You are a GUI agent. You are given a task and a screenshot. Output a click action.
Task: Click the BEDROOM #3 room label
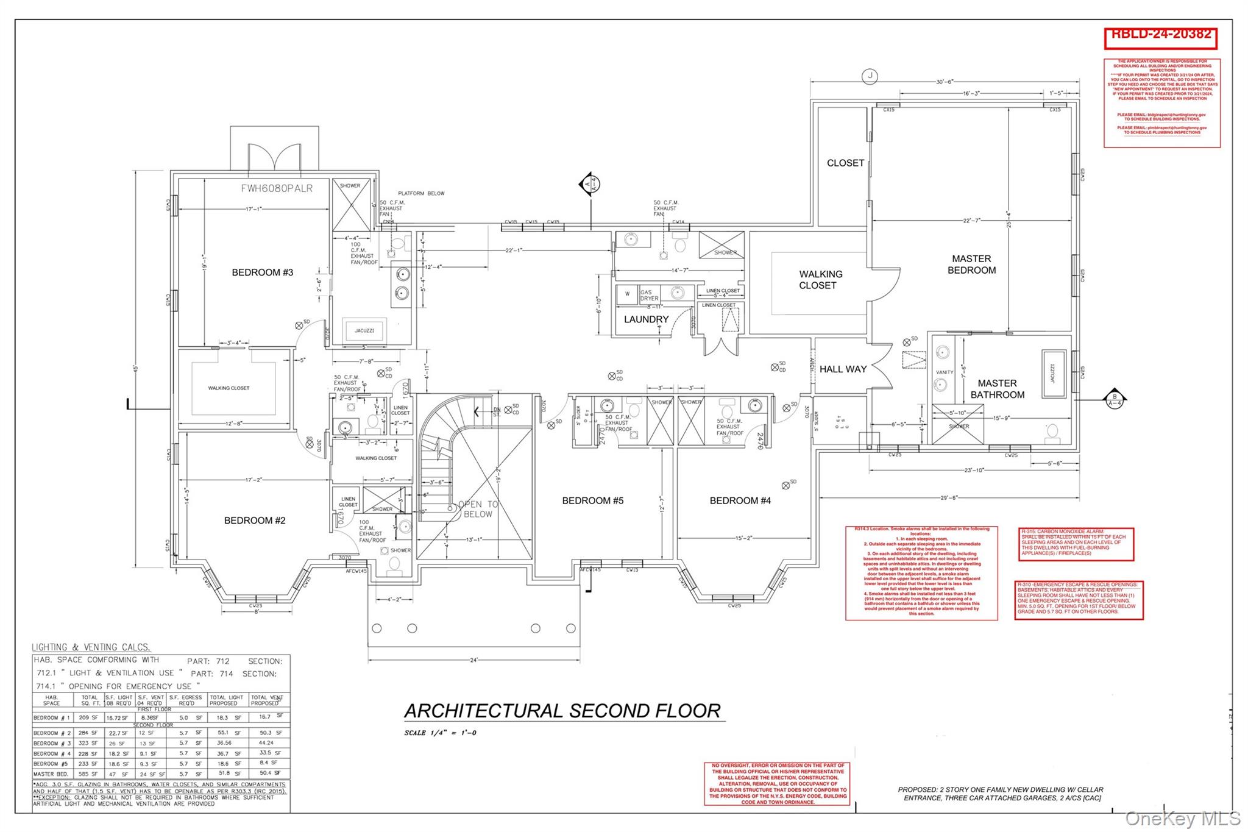[263, 272]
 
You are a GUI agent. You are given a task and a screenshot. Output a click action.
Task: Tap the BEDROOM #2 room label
[255, 521]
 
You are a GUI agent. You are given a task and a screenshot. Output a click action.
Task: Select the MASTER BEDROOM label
[971, 265]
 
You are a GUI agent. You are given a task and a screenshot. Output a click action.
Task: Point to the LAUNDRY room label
[646, 319]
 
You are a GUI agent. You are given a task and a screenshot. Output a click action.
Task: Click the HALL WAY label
[843, 369]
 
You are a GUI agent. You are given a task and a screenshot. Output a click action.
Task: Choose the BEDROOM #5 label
[592, 501]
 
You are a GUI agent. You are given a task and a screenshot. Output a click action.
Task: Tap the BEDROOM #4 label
[740, 501]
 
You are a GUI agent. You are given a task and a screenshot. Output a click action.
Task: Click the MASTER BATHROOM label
[997, 389]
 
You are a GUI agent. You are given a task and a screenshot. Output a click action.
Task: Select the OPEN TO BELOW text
[478, 509]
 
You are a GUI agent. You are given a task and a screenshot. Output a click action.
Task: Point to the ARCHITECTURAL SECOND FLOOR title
[562, 711]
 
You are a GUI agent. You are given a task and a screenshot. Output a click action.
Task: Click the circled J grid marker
[870, 76]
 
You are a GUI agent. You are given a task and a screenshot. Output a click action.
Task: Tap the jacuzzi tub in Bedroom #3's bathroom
[364, 330]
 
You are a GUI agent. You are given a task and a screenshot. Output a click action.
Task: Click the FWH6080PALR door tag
[277, 188]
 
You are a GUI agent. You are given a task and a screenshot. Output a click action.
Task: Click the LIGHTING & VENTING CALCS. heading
[91, 647]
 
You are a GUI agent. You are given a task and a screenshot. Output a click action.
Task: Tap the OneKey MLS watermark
[1182, 818]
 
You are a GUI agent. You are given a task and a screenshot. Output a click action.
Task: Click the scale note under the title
[440, 733]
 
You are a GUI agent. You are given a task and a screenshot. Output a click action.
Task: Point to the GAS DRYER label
[648, 296]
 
